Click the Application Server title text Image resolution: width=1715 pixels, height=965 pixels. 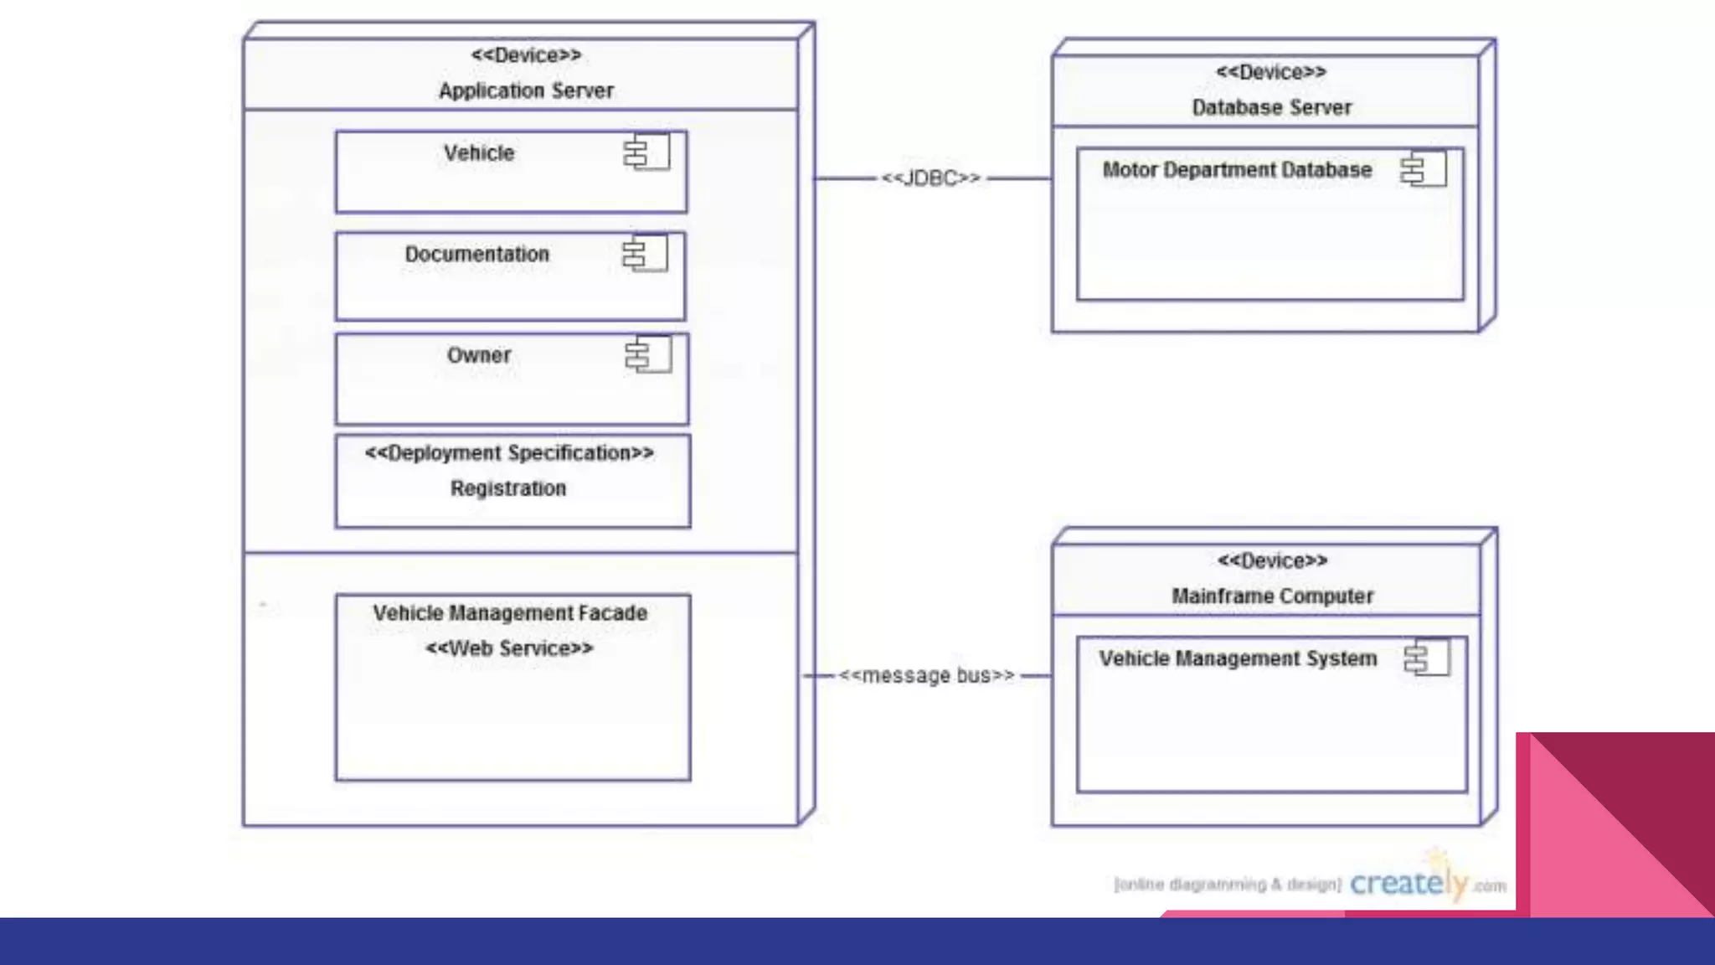click(526, 90)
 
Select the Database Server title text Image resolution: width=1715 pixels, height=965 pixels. click(1271, 107)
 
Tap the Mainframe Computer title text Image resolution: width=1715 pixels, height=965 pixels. click(1272, 596)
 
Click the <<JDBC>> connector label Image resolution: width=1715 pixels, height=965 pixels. click(930, 178)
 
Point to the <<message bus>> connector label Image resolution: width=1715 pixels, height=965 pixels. click(926, 675)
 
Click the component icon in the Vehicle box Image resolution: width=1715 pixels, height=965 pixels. click(646, 152)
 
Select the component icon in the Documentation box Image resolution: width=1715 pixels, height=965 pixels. click(645, 253)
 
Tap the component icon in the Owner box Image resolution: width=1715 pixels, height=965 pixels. click(648, 354)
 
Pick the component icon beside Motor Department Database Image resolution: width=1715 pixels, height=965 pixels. click(1424, 169)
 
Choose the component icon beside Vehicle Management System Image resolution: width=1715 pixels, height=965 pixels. click(1427, 658)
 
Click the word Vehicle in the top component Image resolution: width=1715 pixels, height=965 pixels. click(479, 153)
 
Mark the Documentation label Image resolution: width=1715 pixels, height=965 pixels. click(477, 254)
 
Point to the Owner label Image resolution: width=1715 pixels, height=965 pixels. click(479, 355)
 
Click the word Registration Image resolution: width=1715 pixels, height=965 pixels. click(508, 488)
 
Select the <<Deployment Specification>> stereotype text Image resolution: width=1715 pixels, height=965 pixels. click(509, 453)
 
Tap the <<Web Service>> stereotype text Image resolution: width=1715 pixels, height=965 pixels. click(509, 648)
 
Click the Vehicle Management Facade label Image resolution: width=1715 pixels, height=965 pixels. click(510, 613)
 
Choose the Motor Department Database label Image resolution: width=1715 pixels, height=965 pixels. click(1237, 170)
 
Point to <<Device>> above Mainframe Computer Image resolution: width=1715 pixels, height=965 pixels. click(1272, 560)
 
